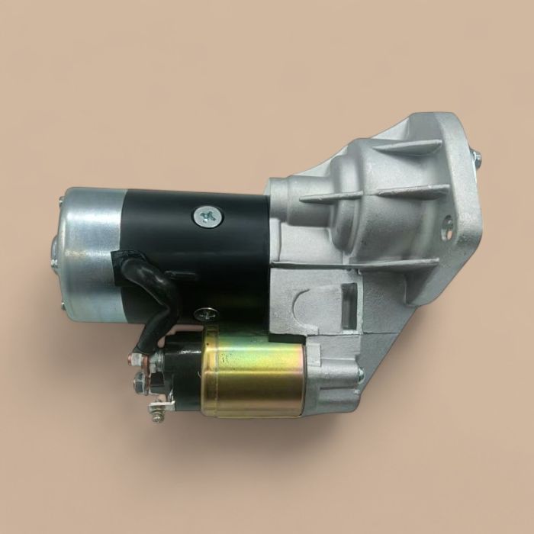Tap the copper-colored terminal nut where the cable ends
tap(137, 355)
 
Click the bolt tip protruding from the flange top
tap(476, 158)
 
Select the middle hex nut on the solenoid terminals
tap(140, 377)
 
